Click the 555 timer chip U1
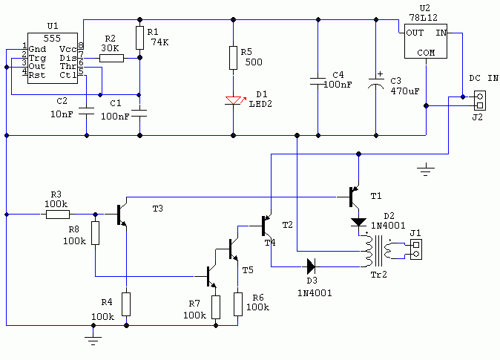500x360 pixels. [x=53, y=58]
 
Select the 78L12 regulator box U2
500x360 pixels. [x=425, y=41]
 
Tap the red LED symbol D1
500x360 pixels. [x=234, y=100]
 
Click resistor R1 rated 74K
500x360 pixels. [x=139, y=38]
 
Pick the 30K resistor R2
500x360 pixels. [x=111, y=58]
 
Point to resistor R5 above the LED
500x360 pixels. [x=234, y=58]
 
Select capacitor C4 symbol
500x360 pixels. [x=318, y=81]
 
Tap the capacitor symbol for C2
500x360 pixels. [x=86, y=111]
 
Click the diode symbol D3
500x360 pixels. [x=311, y=266]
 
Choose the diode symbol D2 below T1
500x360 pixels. [x=359, y=223]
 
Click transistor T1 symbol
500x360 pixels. [x=354, y=197]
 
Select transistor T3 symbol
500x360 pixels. [x=121, y=215]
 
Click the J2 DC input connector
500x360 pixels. [x=479, y=101]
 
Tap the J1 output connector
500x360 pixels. [x=416, y=249]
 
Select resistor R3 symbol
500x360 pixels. [x=58, y=215]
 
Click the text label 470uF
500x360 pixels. [x=405, y=91]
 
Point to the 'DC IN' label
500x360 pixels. [x=484, y=78]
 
